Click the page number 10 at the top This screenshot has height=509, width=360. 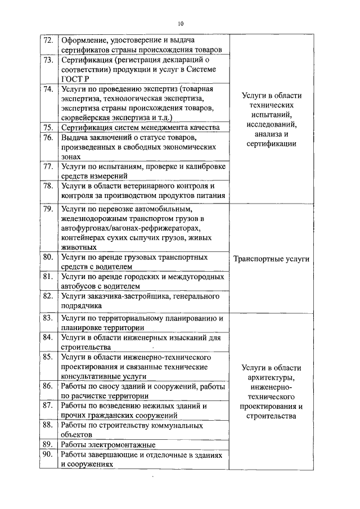[180, 24]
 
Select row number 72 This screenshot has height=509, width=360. [48, 40]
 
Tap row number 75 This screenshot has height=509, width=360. [48, 128]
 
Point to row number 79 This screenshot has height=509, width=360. [48, 209]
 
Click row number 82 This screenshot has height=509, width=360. [48, 296]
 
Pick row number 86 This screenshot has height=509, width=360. [48, 386]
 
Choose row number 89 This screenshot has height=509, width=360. [48, 444]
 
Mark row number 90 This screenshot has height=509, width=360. [48, 454]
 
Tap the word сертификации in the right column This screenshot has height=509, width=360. [272, 144]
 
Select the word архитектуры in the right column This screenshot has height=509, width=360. [272, 377]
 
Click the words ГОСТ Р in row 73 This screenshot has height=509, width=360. [72, 79]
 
